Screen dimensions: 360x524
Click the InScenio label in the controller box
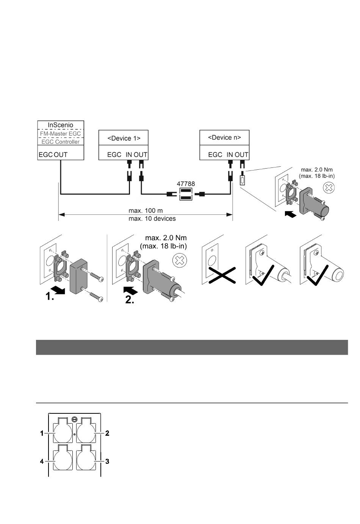(x=61, y=125)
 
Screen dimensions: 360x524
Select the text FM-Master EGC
(x=60, y=134)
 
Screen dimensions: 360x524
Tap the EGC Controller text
(x=60, y=142)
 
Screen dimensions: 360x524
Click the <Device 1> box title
(x=124, y=138)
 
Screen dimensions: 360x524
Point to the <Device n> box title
(x=224, y=138)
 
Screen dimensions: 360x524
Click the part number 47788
(x=186, y=184)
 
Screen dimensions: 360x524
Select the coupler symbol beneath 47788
(x=186, y=194)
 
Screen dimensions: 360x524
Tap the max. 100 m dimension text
(x=146, y=211)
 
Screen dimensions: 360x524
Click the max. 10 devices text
(x=152, y=219)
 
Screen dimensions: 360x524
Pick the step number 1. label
(x=50, y=296)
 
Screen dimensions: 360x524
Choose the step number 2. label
(x=130, y=300)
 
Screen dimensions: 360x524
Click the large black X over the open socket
(x=222, y=275)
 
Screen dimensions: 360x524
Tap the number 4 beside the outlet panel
(x=42, y=461)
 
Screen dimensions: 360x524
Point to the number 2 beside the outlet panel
(x=107, y=433)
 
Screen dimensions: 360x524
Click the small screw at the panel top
(x=75, y=419)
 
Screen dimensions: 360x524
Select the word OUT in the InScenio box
(x=61, y=155)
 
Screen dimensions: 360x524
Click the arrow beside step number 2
(x=130, y=291)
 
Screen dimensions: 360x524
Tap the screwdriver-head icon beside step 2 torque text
(x=180, y=260)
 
